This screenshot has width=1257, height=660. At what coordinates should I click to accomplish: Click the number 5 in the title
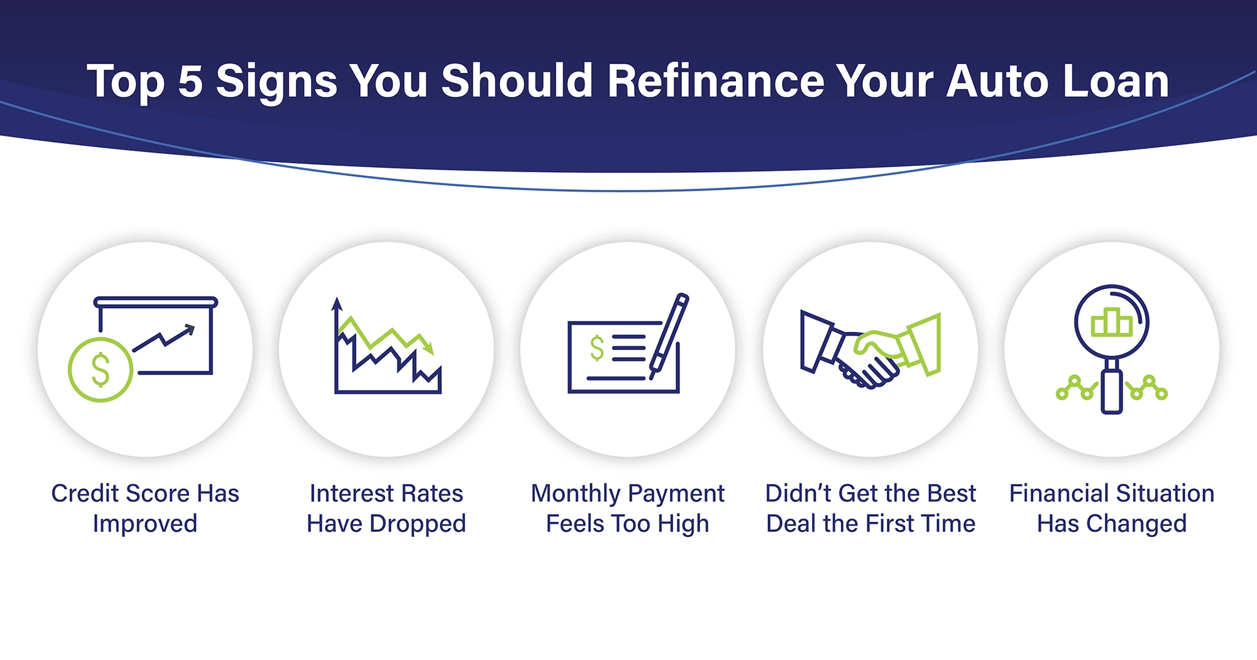point(190,82)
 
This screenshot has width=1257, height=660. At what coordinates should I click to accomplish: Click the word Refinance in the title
point(715,82)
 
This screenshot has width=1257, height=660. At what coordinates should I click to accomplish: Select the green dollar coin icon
point(101,370)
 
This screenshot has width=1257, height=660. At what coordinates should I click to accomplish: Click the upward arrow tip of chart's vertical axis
point(337,303)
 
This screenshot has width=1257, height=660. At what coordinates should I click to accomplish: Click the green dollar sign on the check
point(596,348)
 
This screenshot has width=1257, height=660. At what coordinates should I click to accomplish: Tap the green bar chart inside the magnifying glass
point(1111,322)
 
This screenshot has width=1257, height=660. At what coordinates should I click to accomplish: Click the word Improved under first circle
point(145,524)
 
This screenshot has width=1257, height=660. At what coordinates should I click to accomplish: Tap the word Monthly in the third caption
point(575,494)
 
